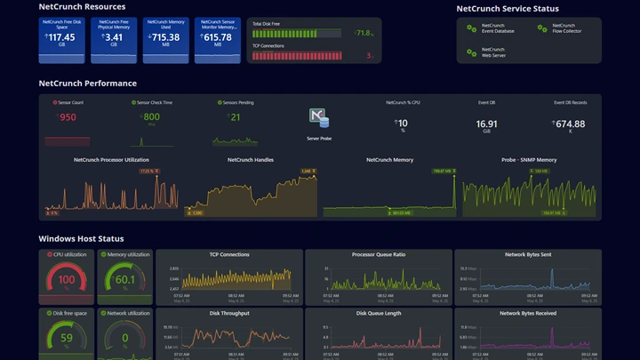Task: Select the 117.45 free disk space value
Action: click(61, 38)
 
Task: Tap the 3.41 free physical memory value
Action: click(113, 38)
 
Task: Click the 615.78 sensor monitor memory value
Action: click(216, 38)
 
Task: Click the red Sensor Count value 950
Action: click(67, 117)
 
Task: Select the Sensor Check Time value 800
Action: click(151, 117)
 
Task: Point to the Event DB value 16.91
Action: click(486, 124)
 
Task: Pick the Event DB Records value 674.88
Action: click(570, 124)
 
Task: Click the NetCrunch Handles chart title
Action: click(251, 160)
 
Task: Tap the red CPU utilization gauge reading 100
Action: click(67, 280)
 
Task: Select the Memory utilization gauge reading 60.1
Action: click(124, 280)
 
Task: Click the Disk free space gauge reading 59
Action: click(67, 338)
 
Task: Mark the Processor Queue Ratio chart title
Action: click(379, 254)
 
